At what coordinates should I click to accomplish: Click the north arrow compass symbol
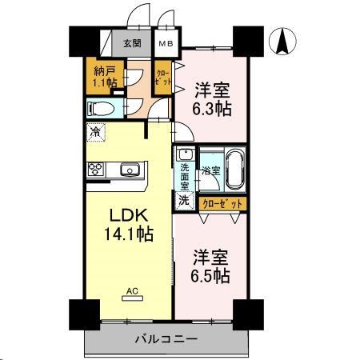tap(282, 42)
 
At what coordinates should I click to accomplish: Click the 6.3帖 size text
tap(213, 109)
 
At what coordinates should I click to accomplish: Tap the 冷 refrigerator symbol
tap(96, 132)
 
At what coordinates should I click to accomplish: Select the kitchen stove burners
tap(96, 169)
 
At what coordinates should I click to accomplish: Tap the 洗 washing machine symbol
tap(183, 199)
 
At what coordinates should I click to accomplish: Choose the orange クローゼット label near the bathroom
tap(222, 204)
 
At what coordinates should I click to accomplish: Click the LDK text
tap(128, 217)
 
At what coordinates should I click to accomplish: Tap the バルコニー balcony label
tap(163, 339)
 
